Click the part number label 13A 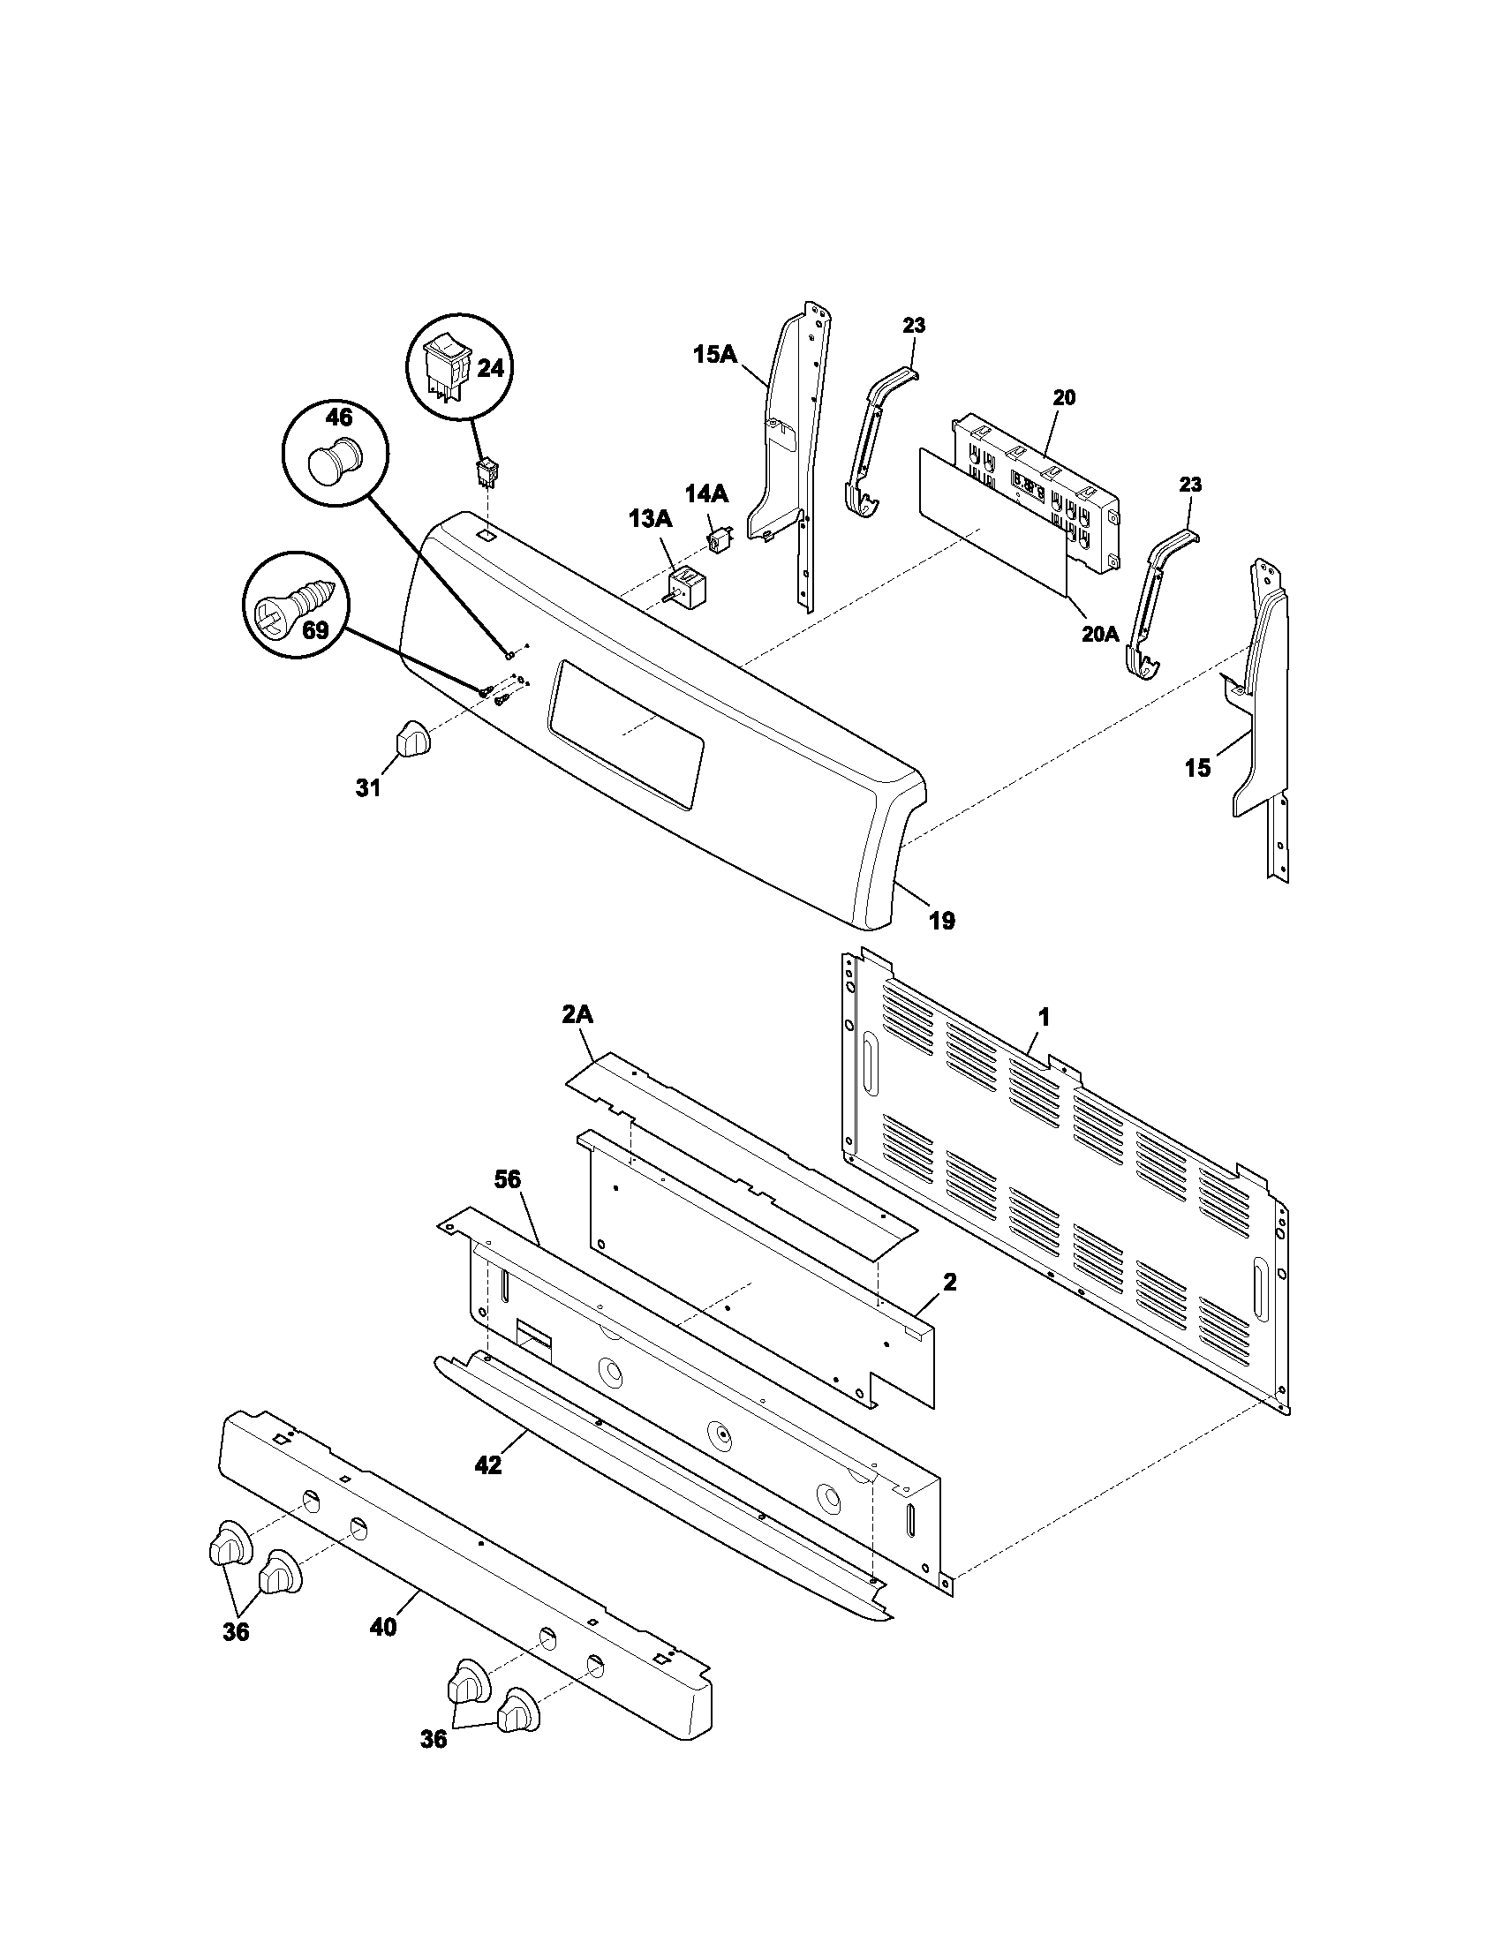pyautogui.click(x=650, y=518)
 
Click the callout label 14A pyautogui.click(x=706, y=493)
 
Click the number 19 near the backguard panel pyautogui.click(x=942, y=922)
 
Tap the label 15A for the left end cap pyautogui.click(x=715, y=355)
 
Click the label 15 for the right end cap pyautogui.click(x=1198, y=768)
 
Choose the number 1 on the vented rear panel pyautogui.click(x=1045, y=1016)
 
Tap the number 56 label pyautogui.click(x=508, y=1179)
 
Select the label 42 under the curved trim pyautogui.click(x=488, y=1465)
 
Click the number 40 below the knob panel pyautogui.click(x=383, y=1627)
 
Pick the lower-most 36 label pyautogui.click(x=433, y=1765)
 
